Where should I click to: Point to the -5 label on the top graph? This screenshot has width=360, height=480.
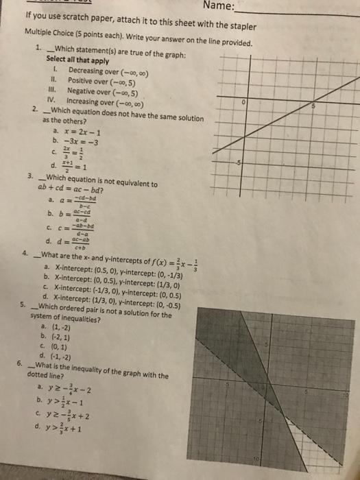pos(240,163)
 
